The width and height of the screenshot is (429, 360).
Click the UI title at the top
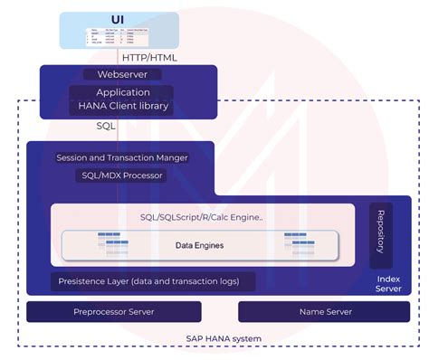point(118,18)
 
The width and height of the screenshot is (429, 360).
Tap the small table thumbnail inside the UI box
point(117,36)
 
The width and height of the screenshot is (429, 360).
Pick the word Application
point(122,92)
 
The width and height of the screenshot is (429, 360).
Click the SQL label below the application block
point(106,127)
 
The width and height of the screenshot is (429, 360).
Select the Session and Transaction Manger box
point(122,157)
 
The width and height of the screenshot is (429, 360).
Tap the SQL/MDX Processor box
point(122,175)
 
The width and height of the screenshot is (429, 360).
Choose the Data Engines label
point(199,245)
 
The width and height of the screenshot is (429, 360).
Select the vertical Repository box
point(381,235)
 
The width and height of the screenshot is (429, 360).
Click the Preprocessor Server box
point(113,312)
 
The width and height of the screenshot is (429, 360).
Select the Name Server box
point(324,312)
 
